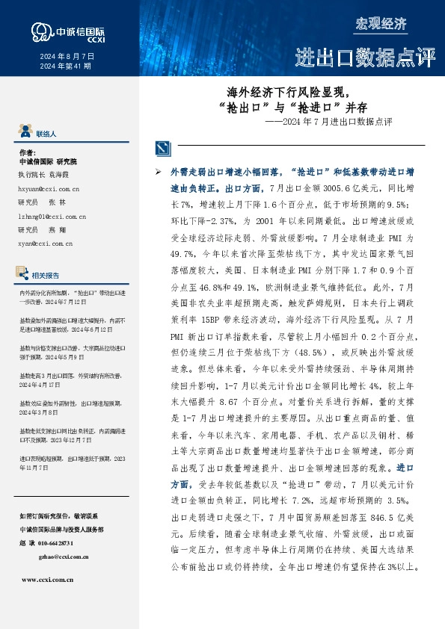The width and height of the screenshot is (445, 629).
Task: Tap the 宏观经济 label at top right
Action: (x=381, y=24)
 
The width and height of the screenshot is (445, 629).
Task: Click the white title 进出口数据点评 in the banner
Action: (x=364, y=57)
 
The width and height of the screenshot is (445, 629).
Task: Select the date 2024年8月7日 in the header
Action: (x=67, y=56)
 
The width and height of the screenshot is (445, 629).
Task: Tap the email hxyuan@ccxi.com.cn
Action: (x=49, y=190)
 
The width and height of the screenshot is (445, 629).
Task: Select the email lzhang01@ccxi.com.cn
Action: (x=52, y=216)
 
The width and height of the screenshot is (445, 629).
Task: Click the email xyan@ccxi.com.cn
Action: (x=45, y=243)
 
